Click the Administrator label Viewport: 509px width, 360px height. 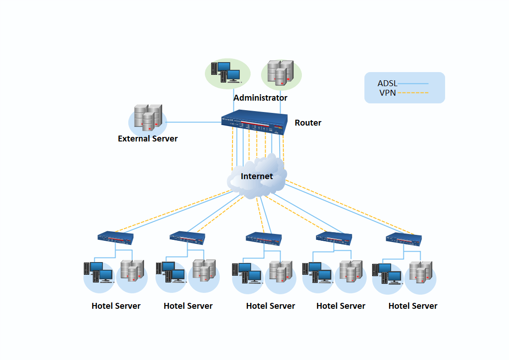coord(260,98)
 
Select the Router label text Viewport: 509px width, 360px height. coord(308,123)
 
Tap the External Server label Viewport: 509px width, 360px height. coord(148,139)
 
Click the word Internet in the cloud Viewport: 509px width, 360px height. coord(257,176)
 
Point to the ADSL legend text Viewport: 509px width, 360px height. coord(387,83)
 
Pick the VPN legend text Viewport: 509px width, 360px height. coord(387,93)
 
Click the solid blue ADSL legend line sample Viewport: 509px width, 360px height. coord(413,84)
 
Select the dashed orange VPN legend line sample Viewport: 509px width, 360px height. coord(413,93)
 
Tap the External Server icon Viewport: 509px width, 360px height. coord(148,117)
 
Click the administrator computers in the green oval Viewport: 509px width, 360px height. coord(227,73)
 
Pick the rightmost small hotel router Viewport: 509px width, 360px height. coord(403,238)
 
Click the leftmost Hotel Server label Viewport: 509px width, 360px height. coord(116,306)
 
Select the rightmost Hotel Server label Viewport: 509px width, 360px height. coord(413,306)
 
